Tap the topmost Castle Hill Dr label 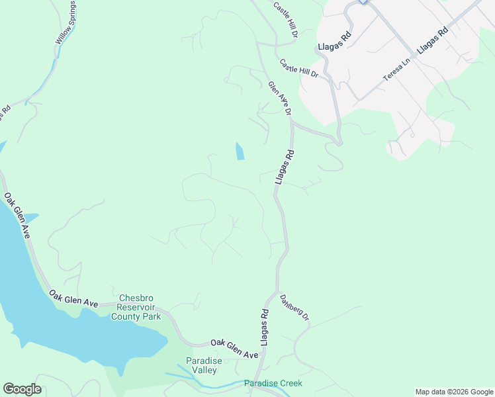(287, 19)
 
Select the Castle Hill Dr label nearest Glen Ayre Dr (299, 69)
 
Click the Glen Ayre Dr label (280, 99)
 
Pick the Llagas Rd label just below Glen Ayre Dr (285, 166)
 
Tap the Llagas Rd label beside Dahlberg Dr (264, 326)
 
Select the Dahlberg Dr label (294, 308)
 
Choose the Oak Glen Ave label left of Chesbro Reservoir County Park (73, 298)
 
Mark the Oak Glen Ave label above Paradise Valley (234, 349)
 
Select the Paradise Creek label (273, 383)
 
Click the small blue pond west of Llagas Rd (239, 151)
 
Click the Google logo (22, 389)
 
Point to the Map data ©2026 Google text (454, 392)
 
